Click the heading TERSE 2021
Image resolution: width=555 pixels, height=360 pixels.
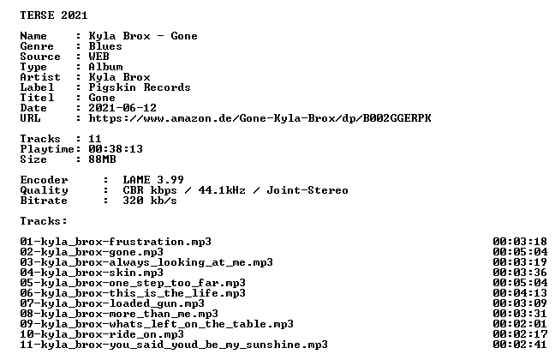point(54,15)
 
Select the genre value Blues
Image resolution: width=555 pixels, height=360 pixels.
point(105,46)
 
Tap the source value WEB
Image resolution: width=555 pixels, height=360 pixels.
point(98,57)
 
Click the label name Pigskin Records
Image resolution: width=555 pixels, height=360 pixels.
point(140,87)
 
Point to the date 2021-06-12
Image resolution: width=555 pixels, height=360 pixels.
point(122,108)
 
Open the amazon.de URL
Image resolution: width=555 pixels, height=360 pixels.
point(260,118)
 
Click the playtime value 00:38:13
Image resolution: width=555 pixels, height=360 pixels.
point(116,149)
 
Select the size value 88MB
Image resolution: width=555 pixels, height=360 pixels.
point(102,159)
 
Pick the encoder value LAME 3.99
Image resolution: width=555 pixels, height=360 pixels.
point(153,180)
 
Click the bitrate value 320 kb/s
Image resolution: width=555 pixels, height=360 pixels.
point(150,201)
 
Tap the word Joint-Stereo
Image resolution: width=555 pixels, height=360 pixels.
point(307,190)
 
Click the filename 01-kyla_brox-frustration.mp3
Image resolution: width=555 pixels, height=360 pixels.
point(116,242)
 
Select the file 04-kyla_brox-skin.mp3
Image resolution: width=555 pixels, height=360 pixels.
point(92,273)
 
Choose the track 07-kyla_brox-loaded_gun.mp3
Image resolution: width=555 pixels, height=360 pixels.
point(112,303)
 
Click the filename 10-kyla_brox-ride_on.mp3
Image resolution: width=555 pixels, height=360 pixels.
point(102,334)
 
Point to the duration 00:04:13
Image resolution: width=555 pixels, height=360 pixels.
point(520,293)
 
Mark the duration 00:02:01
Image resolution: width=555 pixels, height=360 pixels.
point(520,324)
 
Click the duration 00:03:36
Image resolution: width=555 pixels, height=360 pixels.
point(520,273)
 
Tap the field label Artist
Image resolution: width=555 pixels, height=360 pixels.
point(40,77)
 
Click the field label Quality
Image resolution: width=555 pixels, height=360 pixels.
point(44,190)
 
